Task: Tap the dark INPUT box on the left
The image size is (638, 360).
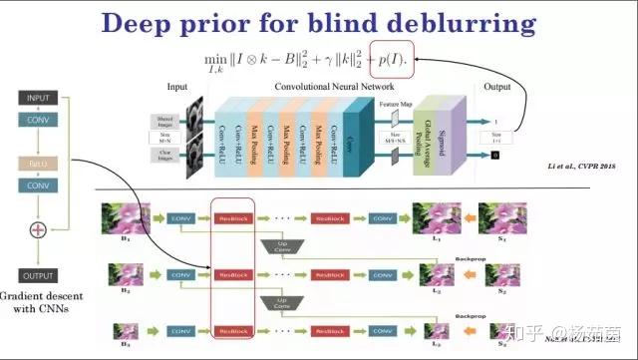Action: [x=36, y=97]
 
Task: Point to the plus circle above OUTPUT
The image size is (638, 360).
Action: [x=36, y=230]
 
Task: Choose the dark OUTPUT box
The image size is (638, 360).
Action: [x=36, y=274]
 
